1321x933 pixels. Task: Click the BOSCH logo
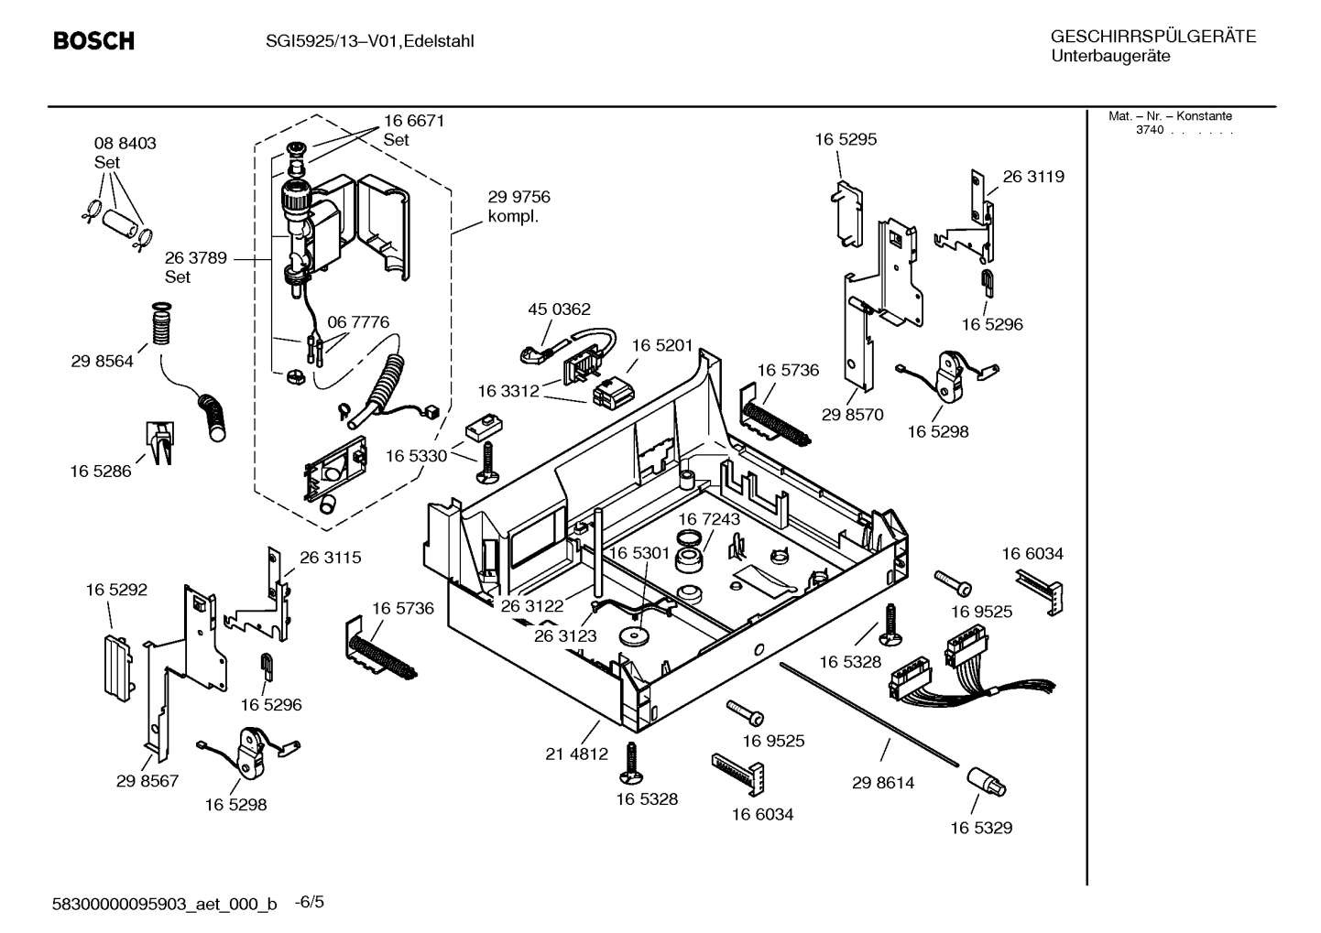(x=93, y=41)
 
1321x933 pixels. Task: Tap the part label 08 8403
(x=125, y=144)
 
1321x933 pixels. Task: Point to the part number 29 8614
(x=882, y=783)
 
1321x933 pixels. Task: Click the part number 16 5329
(x=980, y=828)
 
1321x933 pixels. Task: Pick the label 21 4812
(x=576, y=754)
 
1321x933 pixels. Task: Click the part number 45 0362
(x=559, y=309)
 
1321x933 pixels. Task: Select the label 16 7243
(x=709, y=519)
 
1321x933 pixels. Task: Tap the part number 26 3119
(x=1033, y=177)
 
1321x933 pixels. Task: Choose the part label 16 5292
(x=116, y=591)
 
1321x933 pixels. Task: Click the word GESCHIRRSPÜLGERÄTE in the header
(x=1152, y=37)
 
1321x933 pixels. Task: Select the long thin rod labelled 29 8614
(x=870, y=713)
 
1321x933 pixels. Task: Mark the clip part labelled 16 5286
(x=158, y=443)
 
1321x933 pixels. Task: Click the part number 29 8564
(x=102, y=362)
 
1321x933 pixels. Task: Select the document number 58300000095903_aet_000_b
(x=165, y=905)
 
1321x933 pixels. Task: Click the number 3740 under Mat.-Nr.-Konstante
(x=1149, y=130)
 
